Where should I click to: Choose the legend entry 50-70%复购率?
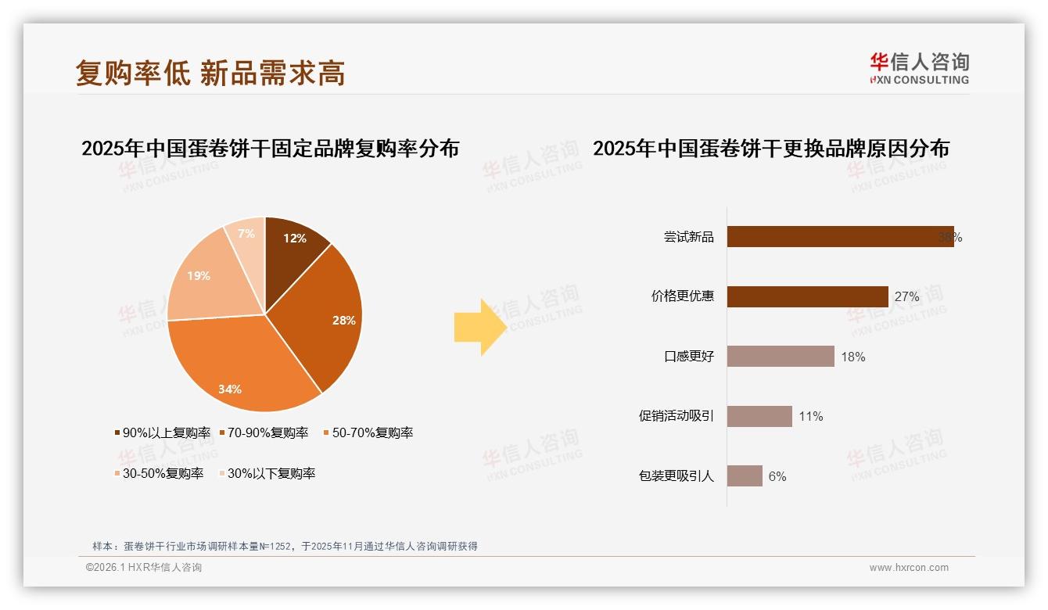click(x=368, y=432)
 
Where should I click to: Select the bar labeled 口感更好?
click(x=781, y=357)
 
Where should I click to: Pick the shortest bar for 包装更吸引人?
click(x=745, y=475)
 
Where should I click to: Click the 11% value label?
click(x=811, y=417)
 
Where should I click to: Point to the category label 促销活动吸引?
click(x=677, y=416)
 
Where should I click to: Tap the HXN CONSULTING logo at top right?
click(x=919, y=69)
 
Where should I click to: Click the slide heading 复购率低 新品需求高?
click(x=210, y=73)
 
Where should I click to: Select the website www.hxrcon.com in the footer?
click(x=909, y=568)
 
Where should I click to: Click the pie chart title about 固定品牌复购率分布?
click(x=270, y=149)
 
